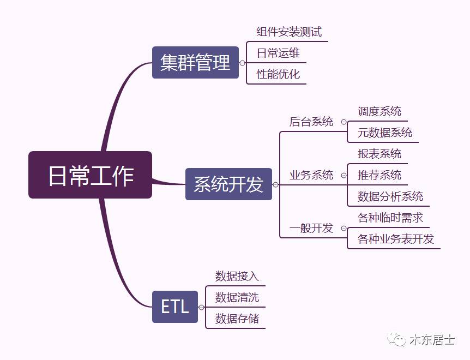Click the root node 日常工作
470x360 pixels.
90,175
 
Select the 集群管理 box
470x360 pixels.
195,63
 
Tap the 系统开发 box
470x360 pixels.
228,184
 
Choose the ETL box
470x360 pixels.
174,307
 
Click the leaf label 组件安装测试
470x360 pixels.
289,32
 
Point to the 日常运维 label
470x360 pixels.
278,53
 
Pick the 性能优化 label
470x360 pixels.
278,74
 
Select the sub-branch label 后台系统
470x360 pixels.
311,122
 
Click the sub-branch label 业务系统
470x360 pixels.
311,175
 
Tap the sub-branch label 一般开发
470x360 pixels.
311,228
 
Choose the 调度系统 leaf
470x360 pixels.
379,111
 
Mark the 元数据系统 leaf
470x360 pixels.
385,133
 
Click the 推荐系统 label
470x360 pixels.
379,175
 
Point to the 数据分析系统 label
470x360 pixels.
390,196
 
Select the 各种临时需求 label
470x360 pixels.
390,218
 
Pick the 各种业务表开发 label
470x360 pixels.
396,239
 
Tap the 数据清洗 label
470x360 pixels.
237,297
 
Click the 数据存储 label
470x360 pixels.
237,319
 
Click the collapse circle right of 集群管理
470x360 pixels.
243,63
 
